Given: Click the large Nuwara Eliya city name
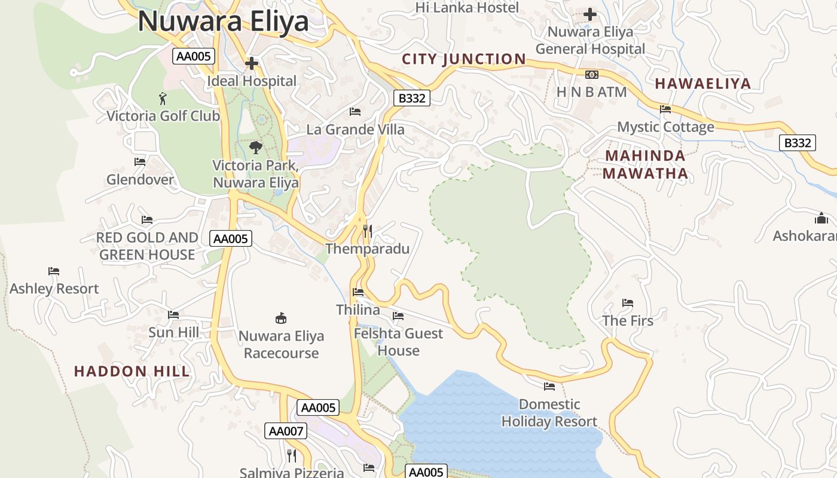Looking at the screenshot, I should click(x=223, y=22).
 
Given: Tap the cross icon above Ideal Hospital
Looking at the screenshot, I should click(x=252, y=63).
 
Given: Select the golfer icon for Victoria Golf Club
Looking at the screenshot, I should click(x=163, y=98).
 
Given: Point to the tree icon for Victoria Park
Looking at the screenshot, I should click(x=255, y=147).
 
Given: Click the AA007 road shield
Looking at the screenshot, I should click(x=285, y=431).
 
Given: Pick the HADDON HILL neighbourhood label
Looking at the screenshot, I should click(x=132, y=371).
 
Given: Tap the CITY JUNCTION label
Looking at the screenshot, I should click(x=464, y=59).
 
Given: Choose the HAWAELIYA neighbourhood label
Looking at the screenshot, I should click(x=702, y=84).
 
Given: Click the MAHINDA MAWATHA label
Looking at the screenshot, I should click(x=645, y=164).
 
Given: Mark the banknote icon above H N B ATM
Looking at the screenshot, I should click(x=591, y=74).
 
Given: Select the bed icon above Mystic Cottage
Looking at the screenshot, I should click(x=665, y=109).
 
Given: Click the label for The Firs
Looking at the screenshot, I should click(x=628, y=321).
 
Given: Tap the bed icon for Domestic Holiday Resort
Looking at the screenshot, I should click(x=549, y=387).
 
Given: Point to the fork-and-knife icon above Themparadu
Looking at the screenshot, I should click(x=368, y=231).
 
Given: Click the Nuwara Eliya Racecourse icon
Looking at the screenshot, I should click(x=281, y=318).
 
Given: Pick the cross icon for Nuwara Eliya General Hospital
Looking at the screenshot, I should click(x=590, y=14).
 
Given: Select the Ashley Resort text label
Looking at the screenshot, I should click(x=54, y=289).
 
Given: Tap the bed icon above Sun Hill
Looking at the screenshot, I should click(x=173, y=315).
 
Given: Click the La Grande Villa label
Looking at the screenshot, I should click(x=355, y=130).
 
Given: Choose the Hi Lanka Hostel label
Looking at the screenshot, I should click(x=467, y=8).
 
